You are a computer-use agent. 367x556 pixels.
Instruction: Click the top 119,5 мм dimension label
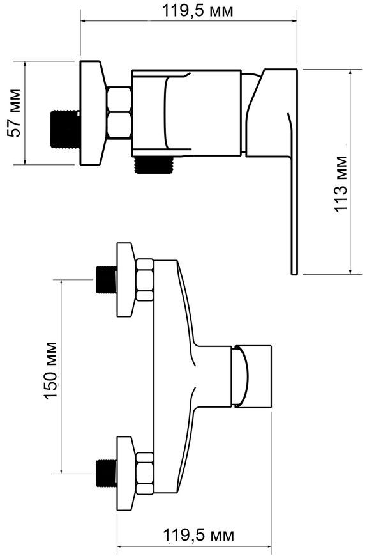[x=198, y=11]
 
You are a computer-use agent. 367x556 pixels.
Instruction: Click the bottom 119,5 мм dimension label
[x=198, y=535]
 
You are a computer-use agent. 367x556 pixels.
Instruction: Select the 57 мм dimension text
[x=15, y=112]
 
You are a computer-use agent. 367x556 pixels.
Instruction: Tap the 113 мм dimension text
[x=340, y=183]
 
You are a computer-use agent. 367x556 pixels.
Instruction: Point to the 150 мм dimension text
[x=50, y=371]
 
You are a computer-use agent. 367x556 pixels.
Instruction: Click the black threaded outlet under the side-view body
[x=154, y=164]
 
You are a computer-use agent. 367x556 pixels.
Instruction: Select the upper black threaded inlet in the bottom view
[x=107, y=279]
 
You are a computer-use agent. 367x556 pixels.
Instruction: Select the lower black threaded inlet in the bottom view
[x=107, y=474]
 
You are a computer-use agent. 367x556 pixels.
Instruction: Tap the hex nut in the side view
[x=119, y=112]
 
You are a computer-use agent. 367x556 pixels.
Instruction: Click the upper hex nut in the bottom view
[x=145, y=280]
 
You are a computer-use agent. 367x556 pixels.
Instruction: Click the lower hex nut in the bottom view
[x=145, y=474]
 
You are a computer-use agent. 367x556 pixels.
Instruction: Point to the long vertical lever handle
[x=294, y=193]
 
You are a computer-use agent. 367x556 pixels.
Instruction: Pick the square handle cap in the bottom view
[x=251, y=376]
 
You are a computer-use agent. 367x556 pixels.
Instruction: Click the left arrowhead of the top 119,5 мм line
[x=84, y=21]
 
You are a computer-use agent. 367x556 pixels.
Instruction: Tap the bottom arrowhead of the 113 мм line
[x=350, y=271]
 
